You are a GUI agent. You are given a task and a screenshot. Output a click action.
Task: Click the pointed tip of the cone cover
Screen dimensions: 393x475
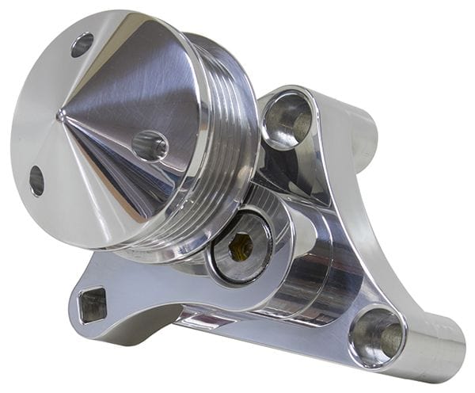coord(61,116)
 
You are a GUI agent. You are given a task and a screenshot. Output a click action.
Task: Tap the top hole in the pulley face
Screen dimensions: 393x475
coord(82,44)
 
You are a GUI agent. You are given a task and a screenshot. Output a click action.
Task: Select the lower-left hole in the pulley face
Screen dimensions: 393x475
coord(36,181)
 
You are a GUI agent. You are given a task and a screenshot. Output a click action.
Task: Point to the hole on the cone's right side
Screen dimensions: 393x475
coord(150,146)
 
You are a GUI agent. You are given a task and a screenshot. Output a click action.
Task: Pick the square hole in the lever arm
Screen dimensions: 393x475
coord(93,304)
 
